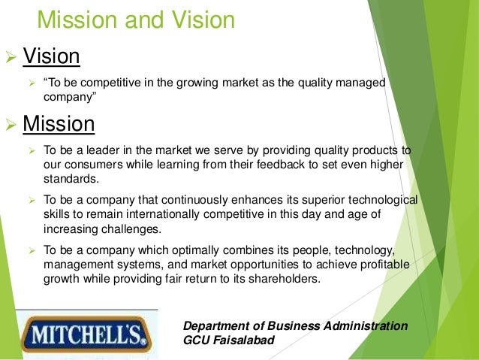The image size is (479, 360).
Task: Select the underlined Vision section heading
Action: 52,56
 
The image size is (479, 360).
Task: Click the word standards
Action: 70,178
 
